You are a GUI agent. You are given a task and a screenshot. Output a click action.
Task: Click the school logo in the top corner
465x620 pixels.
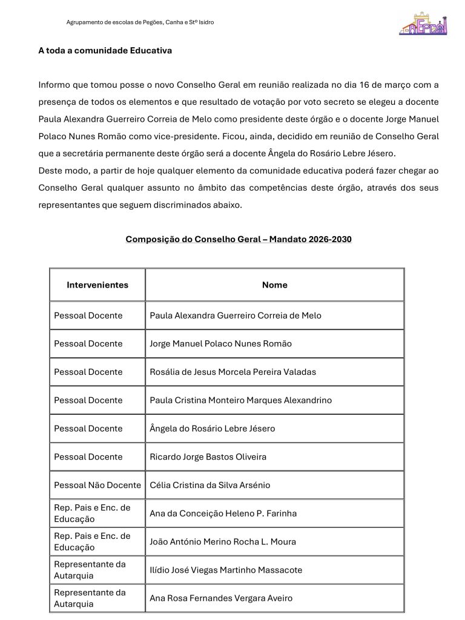point(423,23)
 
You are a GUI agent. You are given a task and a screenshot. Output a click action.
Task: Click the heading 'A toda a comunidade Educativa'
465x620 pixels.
point(105,51)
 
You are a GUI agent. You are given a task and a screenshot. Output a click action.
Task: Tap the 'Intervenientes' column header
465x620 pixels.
point(97,285)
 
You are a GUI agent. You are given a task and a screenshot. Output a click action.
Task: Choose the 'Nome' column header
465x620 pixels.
point(274,285)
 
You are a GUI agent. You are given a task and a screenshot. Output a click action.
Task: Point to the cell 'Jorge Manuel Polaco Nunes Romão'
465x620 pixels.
point(220,344)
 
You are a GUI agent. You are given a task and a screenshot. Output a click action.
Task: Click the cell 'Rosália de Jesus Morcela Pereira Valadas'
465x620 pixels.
point(232,372)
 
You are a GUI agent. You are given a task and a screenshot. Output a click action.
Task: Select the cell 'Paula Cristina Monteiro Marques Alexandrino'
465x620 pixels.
point(240,400)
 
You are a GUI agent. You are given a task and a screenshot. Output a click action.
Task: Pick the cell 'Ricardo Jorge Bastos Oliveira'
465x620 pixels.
point(208,457)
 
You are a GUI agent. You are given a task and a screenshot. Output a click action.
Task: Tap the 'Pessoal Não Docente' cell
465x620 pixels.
point(97,485)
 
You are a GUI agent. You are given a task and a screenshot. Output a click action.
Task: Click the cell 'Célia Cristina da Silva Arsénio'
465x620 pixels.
point(209,485)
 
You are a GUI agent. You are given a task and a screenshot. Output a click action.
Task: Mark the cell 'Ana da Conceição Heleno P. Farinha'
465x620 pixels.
point(223,513)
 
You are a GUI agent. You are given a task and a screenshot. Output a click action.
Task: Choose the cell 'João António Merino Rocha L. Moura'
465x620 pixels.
point(223,542)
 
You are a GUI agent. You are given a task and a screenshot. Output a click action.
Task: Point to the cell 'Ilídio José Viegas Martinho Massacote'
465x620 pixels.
point(226,570)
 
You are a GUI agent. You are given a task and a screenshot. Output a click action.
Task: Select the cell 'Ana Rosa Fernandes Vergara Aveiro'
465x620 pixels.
point(221,598)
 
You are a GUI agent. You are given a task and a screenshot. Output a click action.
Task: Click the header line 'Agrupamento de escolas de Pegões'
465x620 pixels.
point(139,22)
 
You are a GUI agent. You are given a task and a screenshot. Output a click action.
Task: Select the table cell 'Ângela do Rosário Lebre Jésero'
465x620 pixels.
point(212,429)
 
